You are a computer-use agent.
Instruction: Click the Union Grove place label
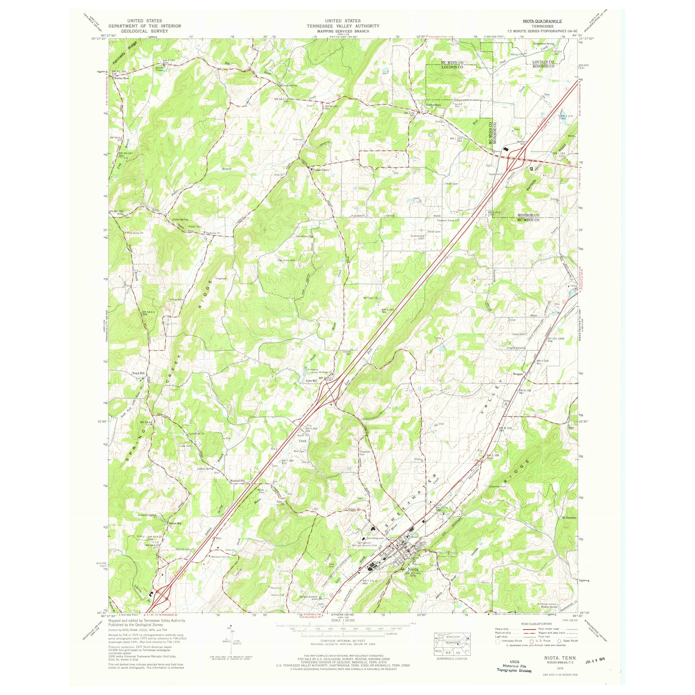click(321, 170)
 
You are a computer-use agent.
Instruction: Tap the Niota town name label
click(412, 580)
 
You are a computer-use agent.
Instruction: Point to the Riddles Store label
click(433, 105)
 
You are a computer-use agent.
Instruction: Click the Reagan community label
click(518, 374)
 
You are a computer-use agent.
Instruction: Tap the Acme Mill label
click(311, 380)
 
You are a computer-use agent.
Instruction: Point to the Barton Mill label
click(175, 523)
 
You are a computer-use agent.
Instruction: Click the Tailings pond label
click(176, 299)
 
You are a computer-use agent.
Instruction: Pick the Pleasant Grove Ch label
click(448, 221)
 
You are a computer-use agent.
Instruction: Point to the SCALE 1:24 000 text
click(343, 621)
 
